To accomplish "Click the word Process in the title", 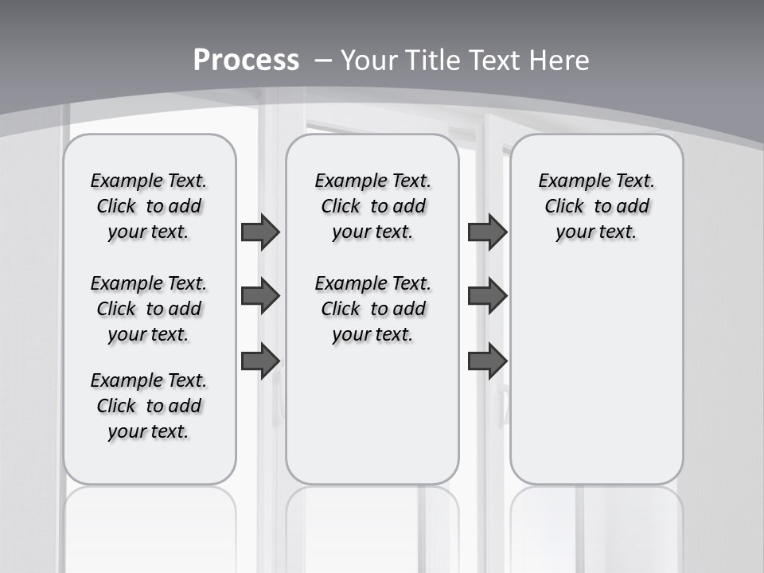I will coord(246,60).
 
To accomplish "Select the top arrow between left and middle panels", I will coord(260,232).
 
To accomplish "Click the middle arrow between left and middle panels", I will coord(260,296).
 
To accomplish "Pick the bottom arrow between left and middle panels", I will coord(260,361).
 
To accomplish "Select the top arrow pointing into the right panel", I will coord(487,232).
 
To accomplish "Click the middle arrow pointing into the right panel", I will coord(487,296).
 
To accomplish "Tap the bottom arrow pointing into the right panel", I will coord(487,361).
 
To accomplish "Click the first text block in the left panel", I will coord(149,206).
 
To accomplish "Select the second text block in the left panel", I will coord(149,309).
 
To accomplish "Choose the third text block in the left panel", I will coord(149,406).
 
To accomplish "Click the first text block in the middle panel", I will coord(372,206).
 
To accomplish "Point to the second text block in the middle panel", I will coord(372,309).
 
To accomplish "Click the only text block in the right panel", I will coord(596,206).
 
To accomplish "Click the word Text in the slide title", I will coord(494,60).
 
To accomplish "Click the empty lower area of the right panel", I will coord(596,374).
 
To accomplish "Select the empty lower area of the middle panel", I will coord(372,414).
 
